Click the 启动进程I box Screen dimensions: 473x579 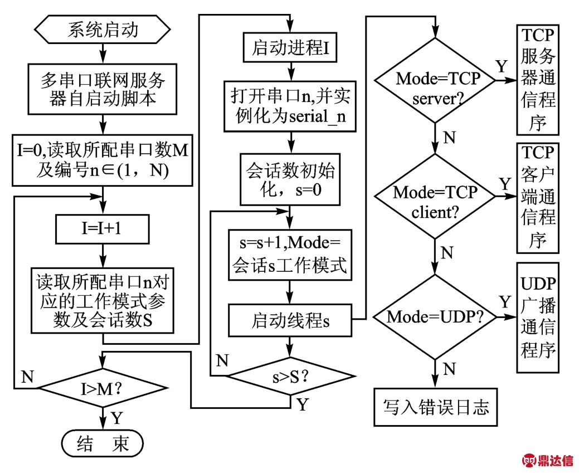tap(289, 48)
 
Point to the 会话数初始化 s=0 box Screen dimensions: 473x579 tap(289, 180)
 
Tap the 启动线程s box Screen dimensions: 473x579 tap(289, 321)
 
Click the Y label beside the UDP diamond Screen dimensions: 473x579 tap(504, 303)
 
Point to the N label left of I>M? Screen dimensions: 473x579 tap(26, 378)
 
